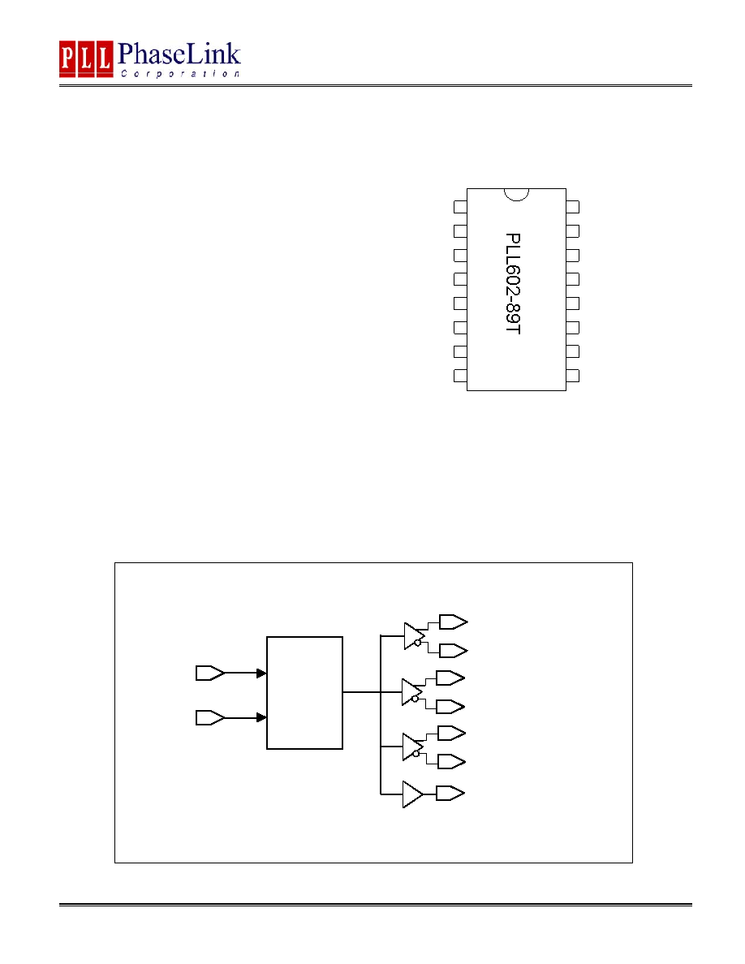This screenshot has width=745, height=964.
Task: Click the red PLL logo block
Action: [86, 59]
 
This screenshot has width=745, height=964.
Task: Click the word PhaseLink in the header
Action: [179, 54]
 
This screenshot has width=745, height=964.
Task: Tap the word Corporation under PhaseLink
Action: [180, 74]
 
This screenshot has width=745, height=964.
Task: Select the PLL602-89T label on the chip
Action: [513, 283]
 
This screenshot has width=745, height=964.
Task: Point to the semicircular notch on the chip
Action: [516, 194]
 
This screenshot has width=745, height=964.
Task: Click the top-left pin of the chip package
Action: [460, 207]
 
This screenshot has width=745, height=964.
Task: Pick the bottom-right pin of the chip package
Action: [572, 376]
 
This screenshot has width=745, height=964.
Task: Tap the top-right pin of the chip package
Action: [572, 207]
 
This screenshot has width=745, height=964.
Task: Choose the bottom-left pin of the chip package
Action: [460, 376]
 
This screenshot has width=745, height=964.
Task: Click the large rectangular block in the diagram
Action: [304, 693]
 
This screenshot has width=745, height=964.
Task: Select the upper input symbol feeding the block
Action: [210, 674]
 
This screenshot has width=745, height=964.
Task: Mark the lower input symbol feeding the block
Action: [210, 717]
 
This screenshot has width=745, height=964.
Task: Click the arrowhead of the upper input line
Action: [261, 674]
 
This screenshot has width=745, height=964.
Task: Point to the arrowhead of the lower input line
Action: [261, 717]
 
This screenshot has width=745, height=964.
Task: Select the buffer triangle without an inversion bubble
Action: [412, 794]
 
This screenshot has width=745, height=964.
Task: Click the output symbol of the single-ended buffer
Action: [450, 794]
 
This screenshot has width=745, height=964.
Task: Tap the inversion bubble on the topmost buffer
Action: [418, 643]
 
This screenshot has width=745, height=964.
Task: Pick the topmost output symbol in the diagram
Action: [453, 622]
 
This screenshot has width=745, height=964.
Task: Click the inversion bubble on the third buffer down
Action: [416, 754]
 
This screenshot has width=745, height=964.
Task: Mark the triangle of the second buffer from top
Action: [411, 691]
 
